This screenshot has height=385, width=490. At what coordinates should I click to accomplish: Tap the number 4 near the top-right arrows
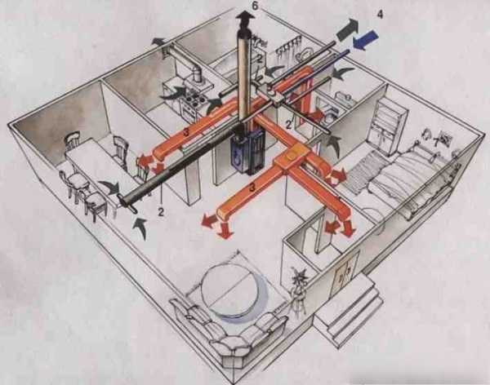[x=380, y=15]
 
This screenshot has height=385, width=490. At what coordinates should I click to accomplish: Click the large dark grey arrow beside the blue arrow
[x=348, y=29]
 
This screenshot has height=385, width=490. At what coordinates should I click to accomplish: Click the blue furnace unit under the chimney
[x=248, y=152]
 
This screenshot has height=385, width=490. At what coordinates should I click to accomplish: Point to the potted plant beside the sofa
[x=298, y=289]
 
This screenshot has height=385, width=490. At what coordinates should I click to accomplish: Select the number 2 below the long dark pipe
[x=161, y=212]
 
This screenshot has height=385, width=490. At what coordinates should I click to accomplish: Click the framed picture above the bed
[x=443, y=137]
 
